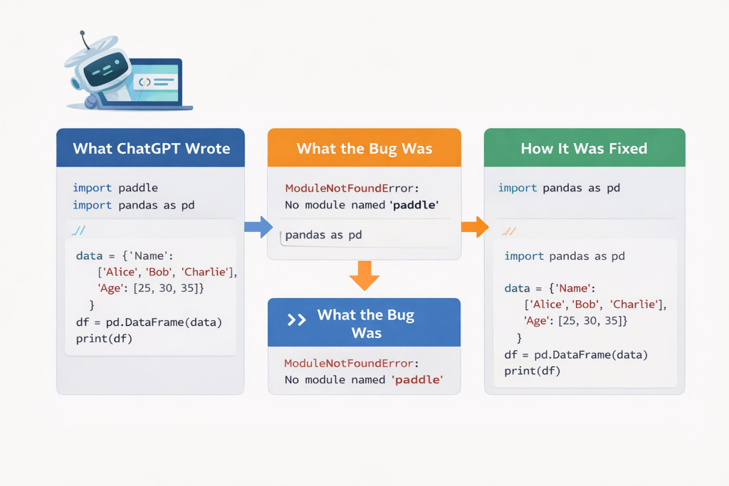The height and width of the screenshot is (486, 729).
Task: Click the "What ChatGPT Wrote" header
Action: coord(151,148)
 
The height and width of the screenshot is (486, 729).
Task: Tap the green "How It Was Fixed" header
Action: coord(584,148)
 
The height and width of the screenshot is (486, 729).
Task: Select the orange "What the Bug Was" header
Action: coord(364,148)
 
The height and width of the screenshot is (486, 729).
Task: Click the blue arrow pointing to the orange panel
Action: coord(258,227)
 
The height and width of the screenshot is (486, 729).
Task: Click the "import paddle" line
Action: coord(115,188)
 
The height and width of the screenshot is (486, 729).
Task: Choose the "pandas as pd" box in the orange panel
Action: coord(324,235)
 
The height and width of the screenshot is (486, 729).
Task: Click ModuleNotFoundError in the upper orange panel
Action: coord(332,189)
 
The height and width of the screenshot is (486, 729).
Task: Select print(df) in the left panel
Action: coord(104,339)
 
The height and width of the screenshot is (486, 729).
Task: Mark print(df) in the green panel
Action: coord(533,371)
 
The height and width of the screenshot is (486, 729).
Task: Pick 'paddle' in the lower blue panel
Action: coord(417,380)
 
